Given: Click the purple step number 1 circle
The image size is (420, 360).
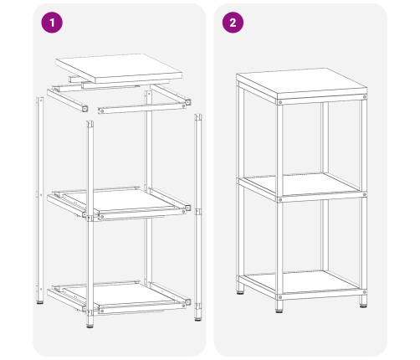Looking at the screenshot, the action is (52, 23).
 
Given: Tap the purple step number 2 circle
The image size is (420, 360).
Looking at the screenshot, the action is (233, 23).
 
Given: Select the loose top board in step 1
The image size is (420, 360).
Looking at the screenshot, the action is (119, 69).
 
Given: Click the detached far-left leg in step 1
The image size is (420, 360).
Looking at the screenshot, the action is (40, 200).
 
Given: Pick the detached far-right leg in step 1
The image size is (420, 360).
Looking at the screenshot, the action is (198, 217).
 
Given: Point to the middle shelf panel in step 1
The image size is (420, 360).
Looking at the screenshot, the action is (120, 200).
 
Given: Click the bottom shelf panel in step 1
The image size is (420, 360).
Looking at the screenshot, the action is (120, 295).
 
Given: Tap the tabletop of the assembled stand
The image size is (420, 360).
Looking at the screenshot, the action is (302, 84).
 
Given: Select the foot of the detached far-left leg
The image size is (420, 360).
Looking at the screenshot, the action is (40, 302).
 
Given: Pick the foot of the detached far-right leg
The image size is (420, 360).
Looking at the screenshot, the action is (198, 319).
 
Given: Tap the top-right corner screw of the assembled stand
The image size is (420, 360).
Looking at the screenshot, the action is (364, 97).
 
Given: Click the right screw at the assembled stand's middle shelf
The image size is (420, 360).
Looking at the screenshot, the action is (364, 194).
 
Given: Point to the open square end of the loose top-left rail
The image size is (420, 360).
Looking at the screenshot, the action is (85, 108).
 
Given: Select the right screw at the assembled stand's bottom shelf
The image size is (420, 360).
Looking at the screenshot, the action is (364, 292).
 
